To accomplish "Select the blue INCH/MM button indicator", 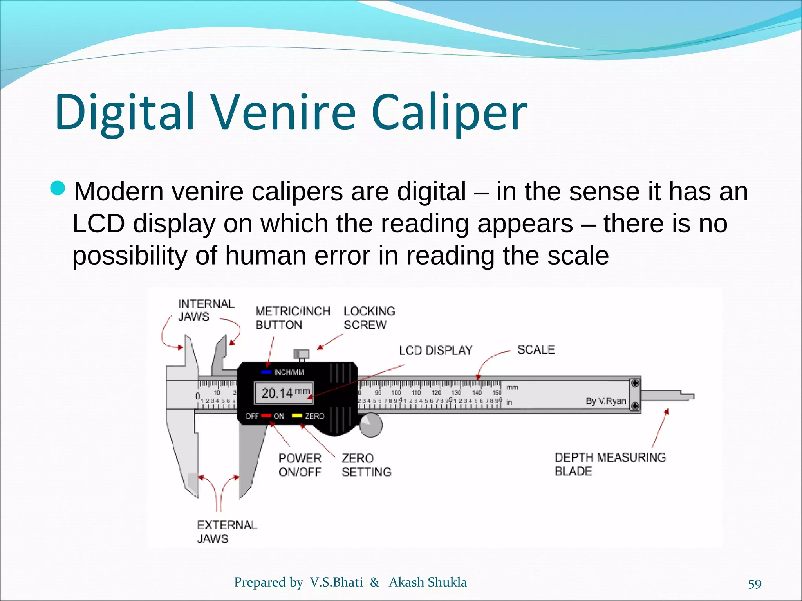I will [266, 372].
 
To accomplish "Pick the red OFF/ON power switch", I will [266, 416].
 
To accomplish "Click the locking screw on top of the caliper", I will [301, 354].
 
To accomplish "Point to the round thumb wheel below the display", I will [370, 425].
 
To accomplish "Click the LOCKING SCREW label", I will [369, 318].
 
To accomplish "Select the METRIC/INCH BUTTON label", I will [293, 318].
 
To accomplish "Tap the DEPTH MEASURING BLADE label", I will [610, 464].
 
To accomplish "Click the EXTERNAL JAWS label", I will [227, 532].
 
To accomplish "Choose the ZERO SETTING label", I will [366, 465].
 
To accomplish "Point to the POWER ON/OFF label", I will [300, 465].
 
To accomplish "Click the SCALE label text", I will [536, 349].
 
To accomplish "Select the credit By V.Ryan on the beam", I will [606, 401].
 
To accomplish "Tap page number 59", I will [755, 584].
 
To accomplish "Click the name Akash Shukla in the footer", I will [428, 582].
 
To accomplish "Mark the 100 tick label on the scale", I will [396, 392].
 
